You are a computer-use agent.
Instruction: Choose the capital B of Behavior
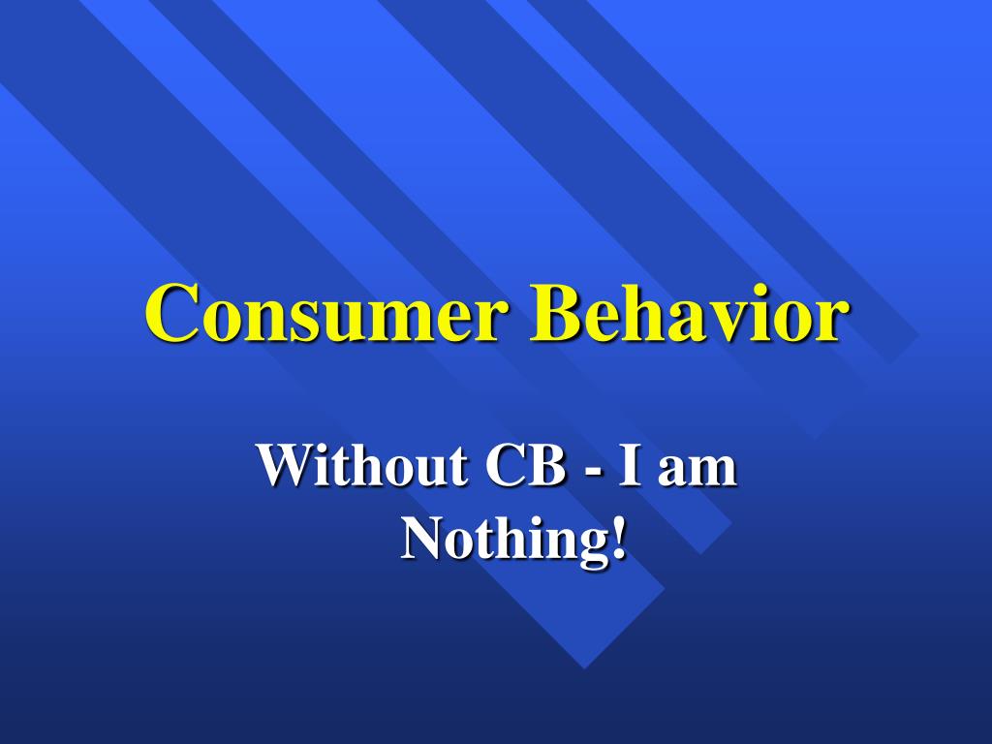pos(555,313)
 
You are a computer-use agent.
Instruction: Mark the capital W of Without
pos(285,467)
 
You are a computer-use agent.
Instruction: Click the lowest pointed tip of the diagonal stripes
pos(583,667)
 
